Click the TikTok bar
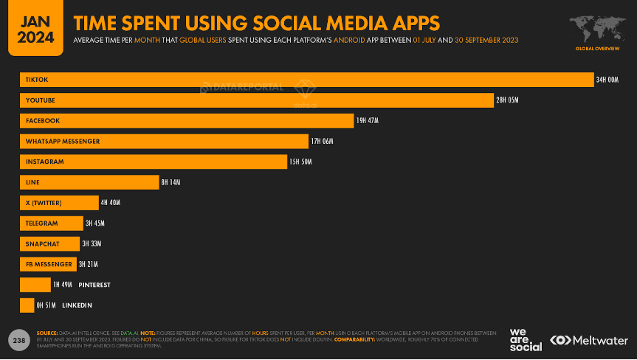point(306,80)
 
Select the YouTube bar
point(256,100)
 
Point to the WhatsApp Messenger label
point(62,141)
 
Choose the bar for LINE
point(89,182)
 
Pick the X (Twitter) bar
point(59,203)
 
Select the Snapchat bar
point(49,243)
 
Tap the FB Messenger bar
point(48,264)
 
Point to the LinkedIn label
point(77,305)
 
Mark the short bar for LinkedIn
point(27,305)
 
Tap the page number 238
point(18,339)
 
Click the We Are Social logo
point(525,339)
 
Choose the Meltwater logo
point(588,340)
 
